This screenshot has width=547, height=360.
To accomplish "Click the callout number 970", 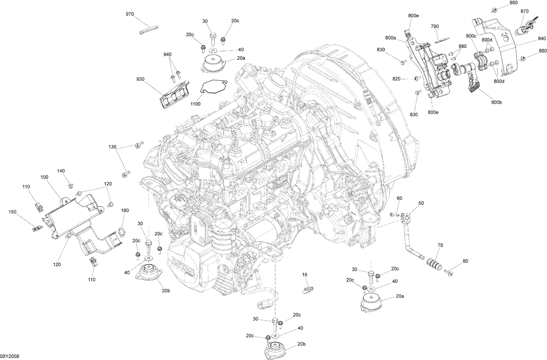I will pos(130,14).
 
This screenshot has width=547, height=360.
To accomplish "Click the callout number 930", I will pos(141,79).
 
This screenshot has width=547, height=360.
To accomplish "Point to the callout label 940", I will pos(167,54).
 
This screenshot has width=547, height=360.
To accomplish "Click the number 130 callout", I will pos(112,147).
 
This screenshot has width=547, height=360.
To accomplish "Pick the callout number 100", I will pos(44,177).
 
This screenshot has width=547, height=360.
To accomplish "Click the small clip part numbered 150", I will pos(36,229).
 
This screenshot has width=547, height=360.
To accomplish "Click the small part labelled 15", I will pos(307,289).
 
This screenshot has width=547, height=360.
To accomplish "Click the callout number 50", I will pos(421,203).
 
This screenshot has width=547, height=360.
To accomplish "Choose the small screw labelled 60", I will pos(394,214).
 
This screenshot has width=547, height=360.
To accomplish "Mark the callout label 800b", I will pos(496,102).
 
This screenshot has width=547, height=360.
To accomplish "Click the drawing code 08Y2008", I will pos(9,356).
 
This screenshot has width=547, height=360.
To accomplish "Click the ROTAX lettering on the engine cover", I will pos(182,261).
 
